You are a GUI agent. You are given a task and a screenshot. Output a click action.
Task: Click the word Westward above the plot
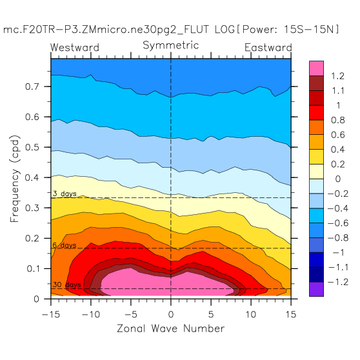click(x=75, y=48)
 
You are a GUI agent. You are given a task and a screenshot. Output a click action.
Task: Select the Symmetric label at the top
click(x=170, y=45)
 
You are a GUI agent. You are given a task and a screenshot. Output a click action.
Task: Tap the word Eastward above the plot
click(x=268, y=48)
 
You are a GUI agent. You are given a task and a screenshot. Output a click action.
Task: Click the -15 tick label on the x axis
click(x=51, y=314)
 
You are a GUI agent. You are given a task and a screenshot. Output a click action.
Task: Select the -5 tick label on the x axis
click(x=131, y=314)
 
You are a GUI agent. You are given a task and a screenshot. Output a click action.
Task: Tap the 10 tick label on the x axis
click(x=251, y=314)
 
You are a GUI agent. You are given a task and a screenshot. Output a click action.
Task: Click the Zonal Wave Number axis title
click(x=170, y=328)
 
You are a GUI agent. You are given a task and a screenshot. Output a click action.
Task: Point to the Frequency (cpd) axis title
click(x=15, y=179)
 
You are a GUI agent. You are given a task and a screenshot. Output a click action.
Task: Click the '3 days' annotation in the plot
click(x=65, y=194)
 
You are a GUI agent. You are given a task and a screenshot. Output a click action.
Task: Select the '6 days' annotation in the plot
click(x=65, y=245)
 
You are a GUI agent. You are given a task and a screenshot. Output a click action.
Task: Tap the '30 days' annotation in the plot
click(x=67, y=285)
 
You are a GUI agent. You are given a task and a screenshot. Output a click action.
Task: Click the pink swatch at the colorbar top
click(x=316, y=68)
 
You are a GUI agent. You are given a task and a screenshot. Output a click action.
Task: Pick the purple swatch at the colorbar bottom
click(x=316, y=289)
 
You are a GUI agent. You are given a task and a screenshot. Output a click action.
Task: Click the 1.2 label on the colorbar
click(x=337, y=76)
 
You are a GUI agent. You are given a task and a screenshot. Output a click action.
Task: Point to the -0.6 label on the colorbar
click(x=338, y=223)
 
